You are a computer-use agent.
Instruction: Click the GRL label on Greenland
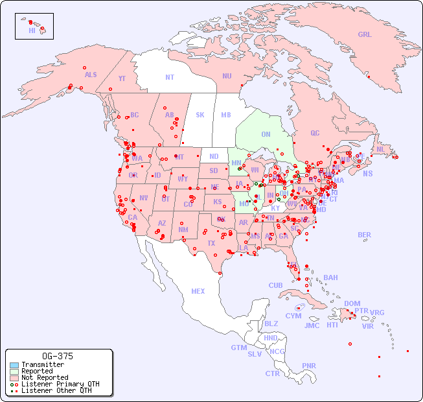point(365,35)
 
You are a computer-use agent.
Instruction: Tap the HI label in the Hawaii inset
point(32,30)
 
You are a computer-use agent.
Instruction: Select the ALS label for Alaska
point(91,75)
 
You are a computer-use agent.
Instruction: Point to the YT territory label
point(122,78)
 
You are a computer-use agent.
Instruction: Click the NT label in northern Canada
point(170,77)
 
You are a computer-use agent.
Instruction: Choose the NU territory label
point(227,76)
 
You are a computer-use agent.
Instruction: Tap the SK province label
point(200,115)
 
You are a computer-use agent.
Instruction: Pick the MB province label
point(225,115)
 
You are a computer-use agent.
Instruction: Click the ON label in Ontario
point(266,134)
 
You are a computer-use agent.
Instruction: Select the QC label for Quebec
point(315,133)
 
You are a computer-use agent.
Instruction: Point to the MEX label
point(198,291)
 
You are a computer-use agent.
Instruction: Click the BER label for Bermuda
point(365,235)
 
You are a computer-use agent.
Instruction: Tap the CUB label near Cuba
point(276,285)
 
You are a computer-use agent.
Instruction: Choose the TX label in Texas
point(211,243)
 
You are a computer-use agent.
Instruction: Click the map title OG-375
point(57,356)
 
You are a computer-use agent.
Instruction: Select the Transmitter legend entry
point(43,364)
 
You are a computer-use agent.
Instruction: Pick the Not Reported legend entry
point(45,377)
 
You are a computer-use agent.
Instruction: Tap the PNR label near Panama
point(309,366)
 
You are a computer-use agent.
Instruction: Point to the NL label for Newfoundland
point(381,148)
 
